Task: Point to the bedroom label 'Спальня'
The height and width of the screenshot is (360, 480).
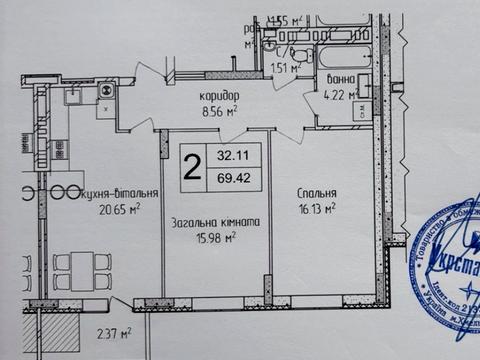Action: point(316,194)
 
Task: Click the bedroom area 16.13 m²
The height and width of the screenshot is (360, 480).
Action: point(316,209)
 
